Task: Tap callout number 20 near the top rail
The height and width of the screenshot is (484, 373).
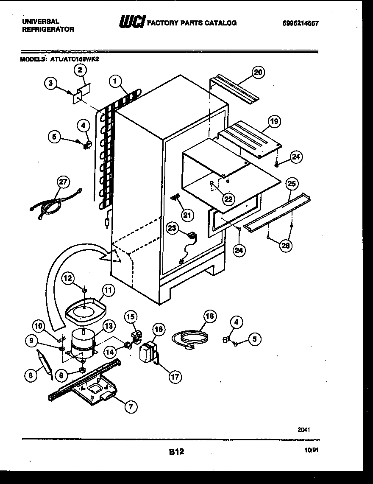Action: point(258,72)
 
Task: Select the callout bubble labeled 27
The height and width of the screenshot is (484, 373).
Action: point(63,182)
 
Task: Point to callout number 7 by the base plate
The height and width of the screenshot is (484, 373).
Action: point(131,407)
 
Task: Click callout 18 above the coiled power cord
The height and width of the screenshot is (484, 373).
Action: point(210,317)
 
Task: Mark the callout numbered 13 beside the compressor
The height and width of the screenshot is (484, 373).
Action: point(108,327)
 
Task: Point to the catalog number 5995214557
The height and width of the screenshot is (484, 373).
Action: point(300,23)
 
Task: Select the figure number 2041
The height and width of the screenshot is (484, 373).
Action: point(303,429)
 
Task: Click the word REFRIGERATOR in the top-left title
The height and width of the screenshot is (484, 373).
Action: point(47,29)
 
